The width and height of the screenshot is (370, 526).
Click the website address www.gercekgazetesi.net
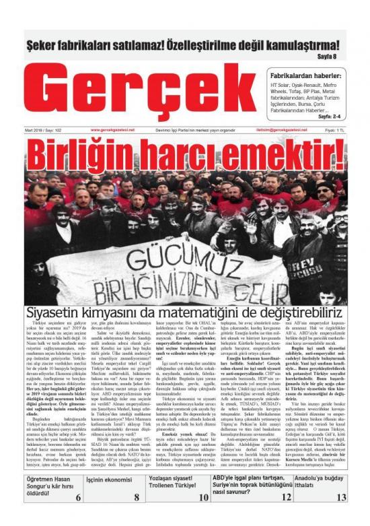pyautogui.click(x=112, y=129)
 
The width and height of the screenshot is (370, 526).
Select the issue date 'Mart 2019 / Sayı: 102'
pyautogui.click(x=42, y=129)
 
